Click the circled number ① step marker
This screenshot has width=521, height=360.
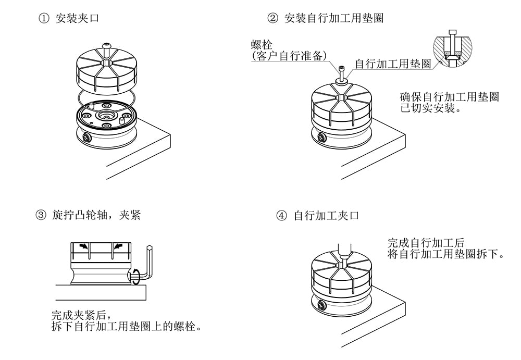[43, 19]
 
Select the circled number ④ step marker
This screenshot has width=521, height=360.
[282, 215]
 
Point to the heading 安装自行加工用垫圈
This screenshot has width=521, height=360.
[334, 19]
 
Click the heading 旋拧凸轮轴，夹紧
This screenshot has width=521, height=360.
[96, 215]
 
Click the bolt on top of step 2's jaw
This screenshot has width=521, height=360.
[341, 74]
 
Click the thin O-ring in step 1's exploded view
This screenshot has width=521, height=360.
[107, 96]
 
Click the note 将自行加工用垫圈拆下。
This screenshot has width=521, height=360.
[446, 254]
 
